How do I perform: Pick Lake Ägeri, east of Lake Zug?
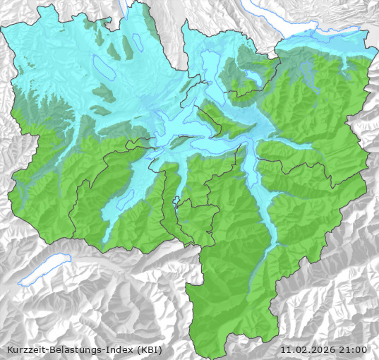[253, 76]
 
